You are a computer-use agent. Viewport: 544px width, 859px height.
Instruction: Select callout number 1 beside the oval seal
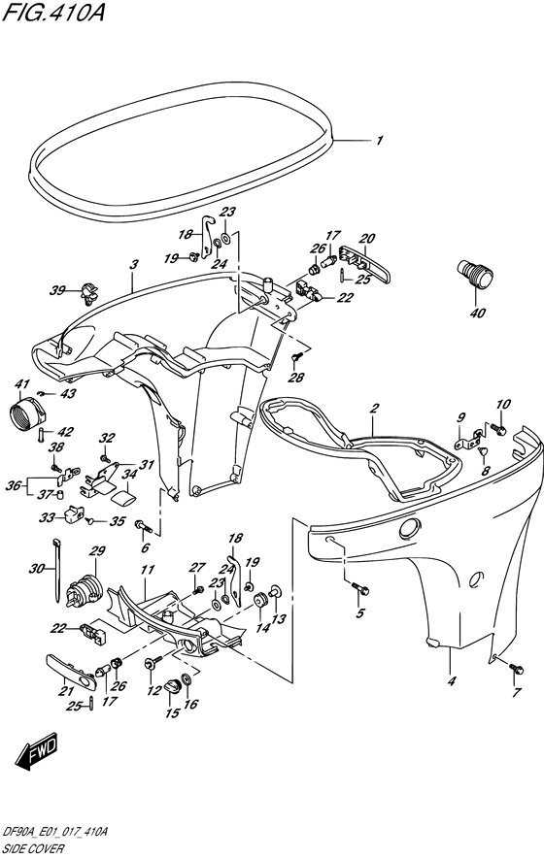379,140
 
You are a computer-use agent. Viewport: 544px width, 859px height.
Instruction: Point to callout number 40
478,314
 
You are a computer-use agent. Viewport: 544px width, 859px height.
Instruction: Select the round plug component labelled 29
83,590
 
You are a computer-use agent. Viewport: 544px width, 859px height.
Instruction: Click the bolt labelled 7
516,669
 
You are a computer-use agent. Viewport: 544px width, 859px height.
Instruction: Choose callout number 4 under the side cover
452,681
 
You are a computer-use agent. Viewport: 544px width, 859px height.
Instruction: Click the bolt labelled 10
498,429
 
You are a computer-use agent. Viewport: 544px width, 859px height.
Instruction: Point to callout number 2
375,408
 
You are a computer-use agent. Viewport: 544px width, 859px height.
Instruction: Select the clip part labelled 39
87,294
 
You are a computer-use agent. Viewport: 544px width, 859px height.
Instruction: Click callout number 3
134,264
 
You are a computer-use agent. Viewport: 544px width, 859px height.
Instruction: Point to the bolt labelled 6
143,526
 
